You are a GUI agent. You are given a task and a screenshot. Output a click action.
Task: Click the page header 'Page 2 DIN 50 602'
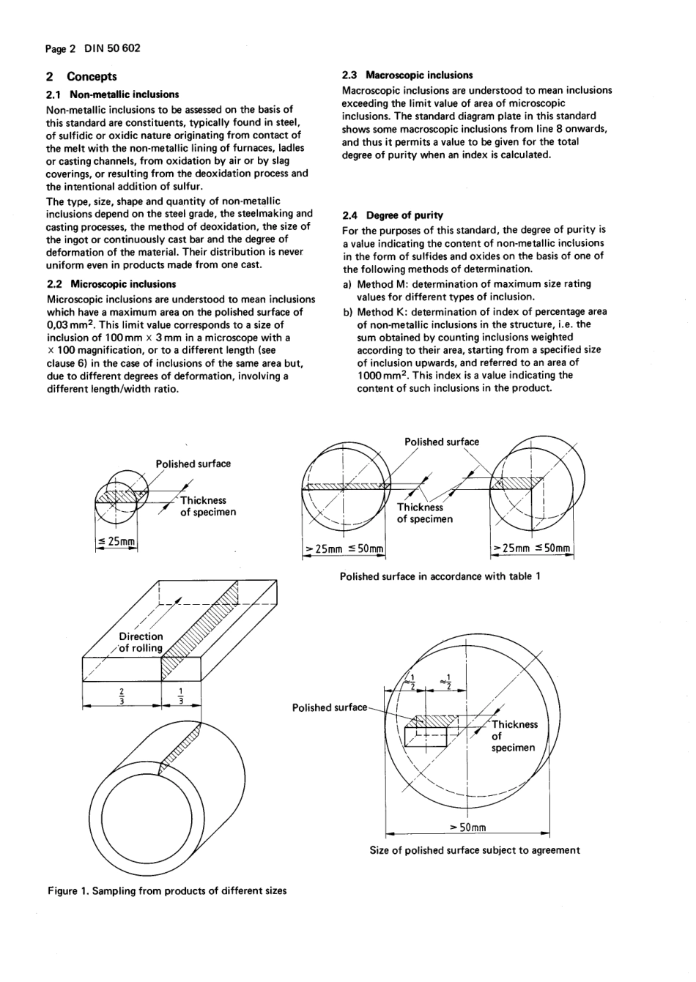[92, 48]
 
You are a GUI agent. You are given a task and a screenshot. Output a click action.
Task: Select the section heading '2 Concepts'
[81, 76]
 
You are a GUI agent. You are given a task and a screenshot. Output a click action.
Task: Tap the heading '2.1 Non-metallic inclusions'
[112, 94]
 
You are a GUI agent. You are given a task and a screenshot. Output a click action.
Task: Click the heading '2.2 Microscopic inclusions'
[111, 284]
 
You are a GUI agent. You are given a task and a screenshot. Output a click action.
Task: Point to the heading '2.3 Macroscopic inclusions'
[408, 75]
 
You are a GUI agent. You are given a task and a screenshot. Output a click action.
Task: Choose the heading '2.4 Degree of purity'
[393, 215]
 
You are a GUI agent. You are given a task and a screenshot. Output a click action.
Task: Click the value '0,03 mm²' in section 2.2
[71, 325]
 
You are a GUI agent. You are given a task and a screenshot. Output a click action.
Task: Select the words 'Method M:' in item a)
[381, 284]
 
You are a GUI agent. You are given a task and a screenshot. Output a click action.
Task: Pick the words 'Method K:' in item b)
[381, 312]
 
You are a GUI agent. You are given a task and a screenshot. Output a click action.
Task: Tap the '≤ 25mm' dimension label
[116, 541]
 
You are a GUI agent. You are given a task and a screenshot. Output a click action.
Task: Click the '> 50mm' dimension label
[468, 827]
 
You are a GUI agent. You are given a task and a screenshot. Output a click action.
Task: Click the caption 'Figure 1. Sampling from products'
[167, 891]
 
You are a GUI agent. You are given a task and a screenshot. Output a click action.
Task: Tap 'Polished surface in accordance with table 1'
[440, 576]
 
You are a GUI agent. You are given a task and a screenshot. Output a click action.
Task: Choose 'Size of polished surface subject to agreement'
[474, 850]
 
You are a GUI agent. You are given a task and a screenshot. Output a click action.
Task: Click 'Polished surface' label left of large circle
[329, 707]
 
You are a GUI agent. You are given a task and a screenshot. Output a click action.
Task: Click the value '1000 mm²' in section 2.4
[381, 376]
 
